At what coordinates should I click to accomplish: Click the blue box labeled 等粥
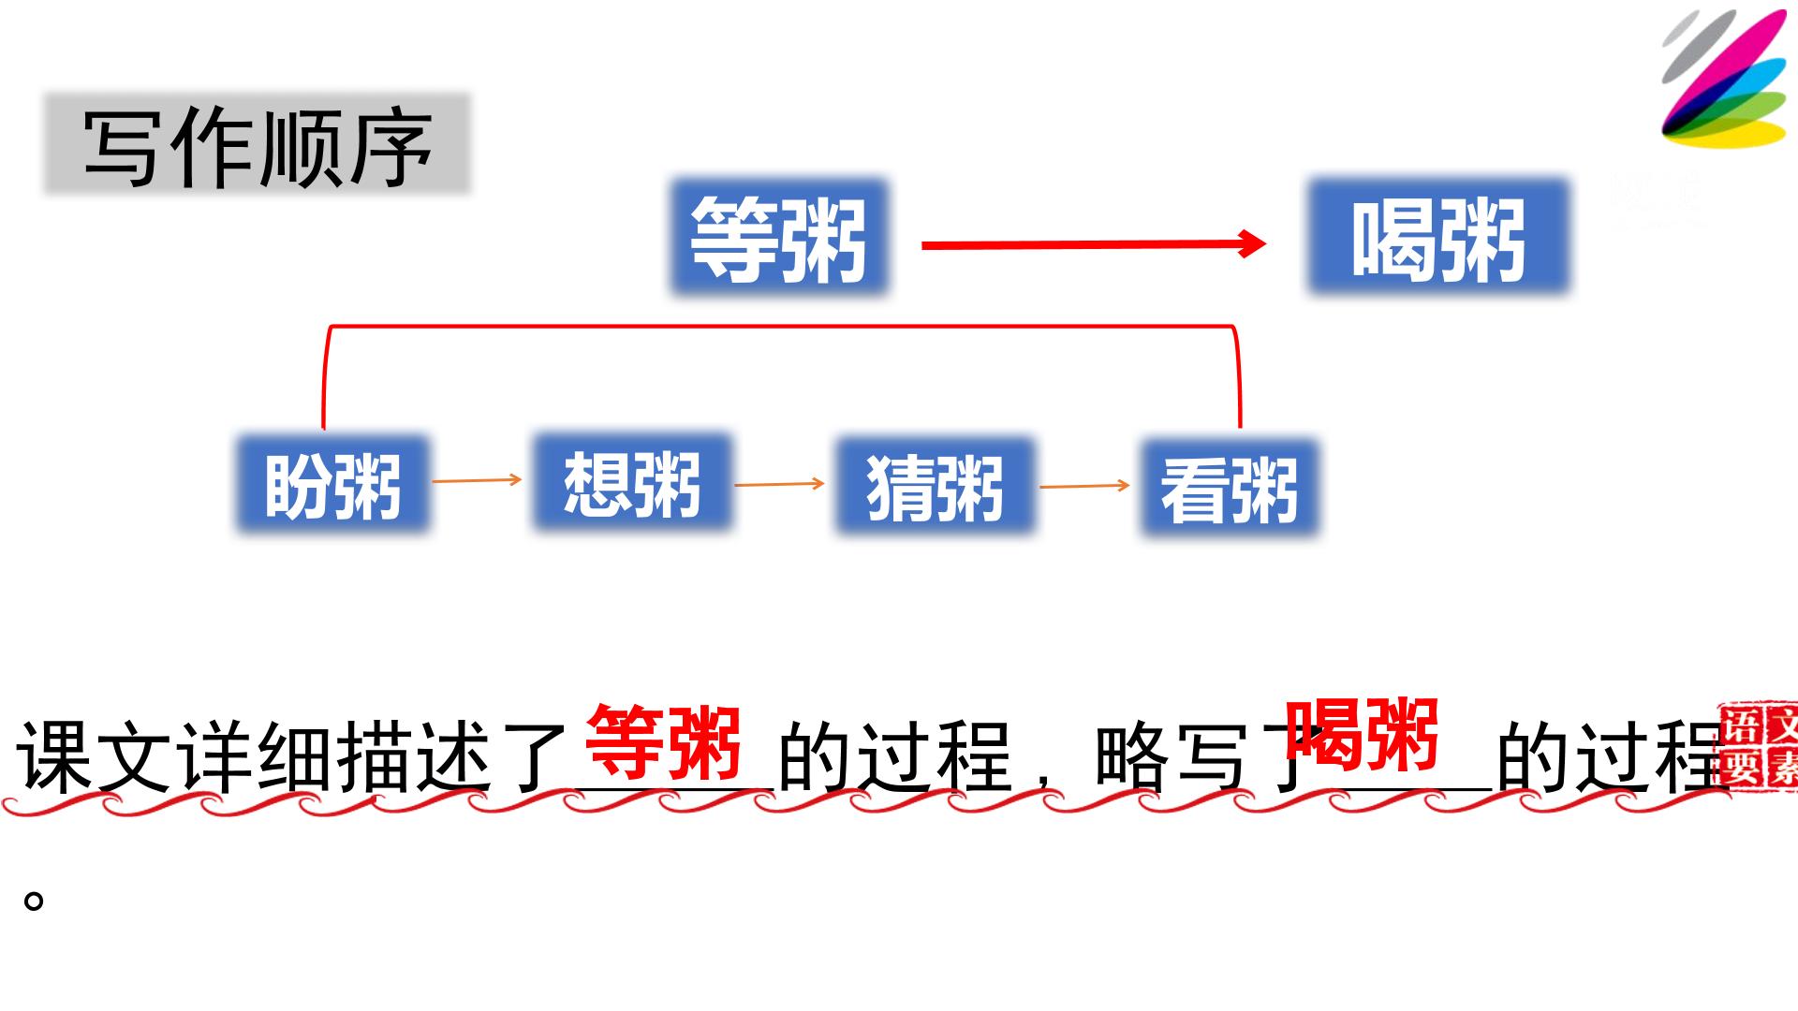(x=779, y=238)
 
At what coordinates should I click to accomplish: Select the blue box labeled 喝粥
(x=1438, y=238)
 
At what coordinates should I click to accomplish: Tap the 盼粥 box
(x=332, y=485)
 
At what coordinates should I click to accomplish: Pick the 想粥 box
(x=632, y=482)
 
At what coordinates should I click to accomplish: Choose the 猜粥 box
(x=935, y=486)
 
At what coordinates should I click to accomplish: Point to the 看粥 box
(x=1230, y=488)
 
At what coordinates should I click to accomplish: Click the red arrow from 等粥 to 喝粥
(x=1094, y=244)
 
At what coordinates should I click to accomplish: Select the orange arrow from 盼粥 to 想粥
(x=477, y=480)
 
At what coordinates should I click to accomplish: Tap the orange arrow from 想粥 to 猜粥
(x=779, y=484)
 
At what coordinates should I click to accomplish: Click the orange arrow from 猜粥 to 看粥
(x=1084, y=486)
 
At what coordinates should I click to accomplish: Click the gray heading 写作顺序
(x=258, y=144)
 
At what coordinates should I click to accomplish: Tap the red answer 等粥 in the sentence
(x=664, y=742)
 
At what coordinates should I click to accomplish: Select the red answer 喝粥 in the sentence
(x=1363, y=734)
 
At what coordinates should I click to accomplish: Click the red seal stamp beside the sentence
(x=1760, y=746)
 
